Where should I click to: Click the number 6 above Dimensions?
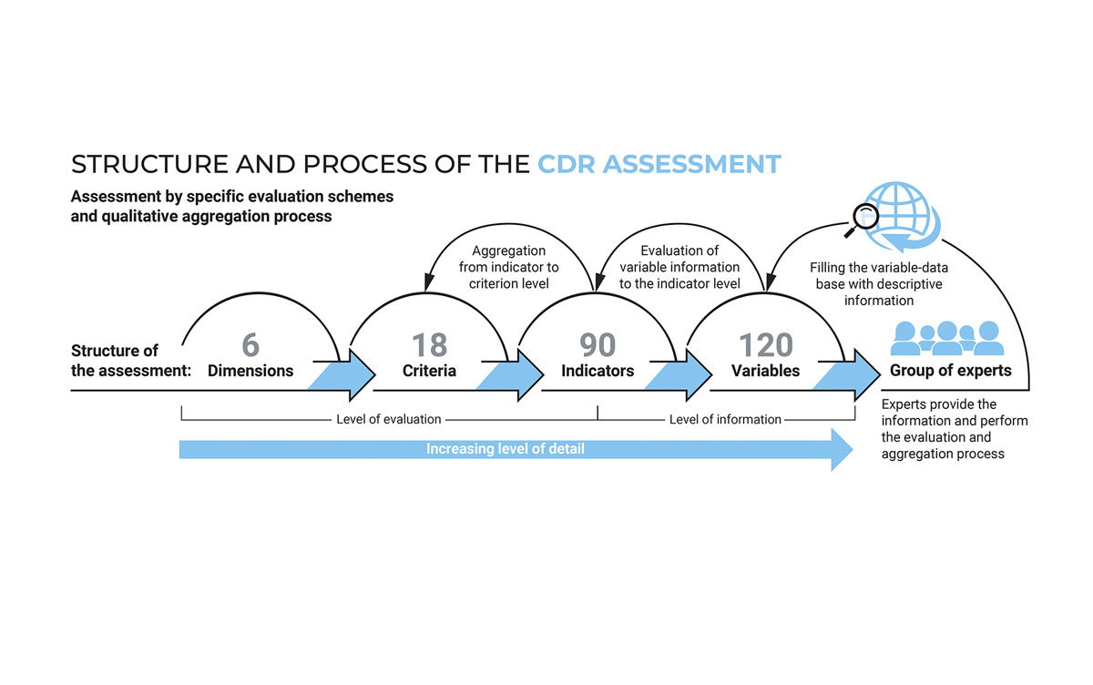(x=250, y=345)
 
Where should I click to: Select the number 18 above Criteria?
(x=429, y=345)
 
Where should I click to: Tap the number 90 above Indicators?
(x=598, y=345)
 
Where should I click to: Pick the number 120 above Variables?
(x=766, y=345)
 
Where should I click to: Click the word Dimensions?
(x=250, y=371)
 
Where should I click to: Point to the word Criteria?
(x=429, y=371)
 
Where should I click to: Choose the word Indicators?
(x=598, y=371)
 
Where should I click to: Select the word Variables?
(x=766, y=371)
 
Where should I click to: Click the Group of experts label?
(x=951, y=371)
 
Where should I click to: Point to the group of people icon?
(x=947, y=338)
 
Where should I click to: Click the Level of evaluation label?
(x=388, y=419)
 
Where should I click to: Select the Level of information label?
(x=725, y=419)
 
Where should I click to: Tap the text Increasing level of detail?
(x=505, y=449)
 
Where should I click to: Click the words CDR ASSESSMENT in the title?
(x=659, y=164)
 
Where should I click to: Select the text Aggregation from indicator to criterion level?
(x=508, y=267)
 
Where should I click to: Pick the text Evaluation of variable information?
(x=679, y=259)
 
